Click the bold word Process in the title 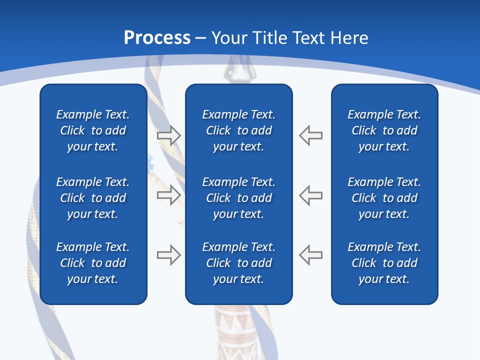[x=157, y=38]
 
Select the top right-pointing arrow [x=169, y=135]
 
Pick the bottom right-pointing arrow [x=169, y=255]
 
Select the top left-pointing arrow [x=311, y=135]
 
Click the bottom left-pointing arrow [x=311, y=254]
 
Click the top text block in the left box [x=93, y=130]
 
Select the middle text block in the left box [x=93, y=198]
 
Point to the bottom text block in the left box [x=93, y=263]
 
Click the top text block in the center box [x=238, y=130]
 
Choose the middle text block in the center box [x=238, y=198]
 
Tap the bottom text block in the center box [x=238, y=263]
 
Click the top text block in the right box [x=384, y=130]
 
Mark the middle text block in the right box [x=384, y=198]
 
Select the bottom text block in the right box [x=384, y=263]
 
